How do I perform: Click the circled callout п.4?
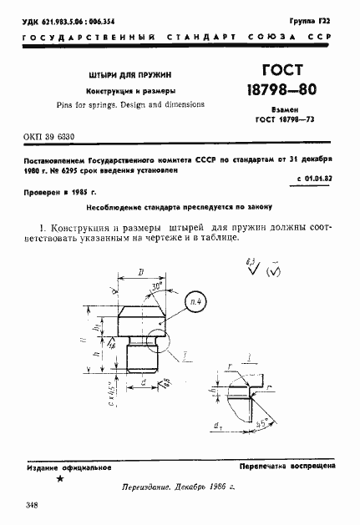pos(195,300)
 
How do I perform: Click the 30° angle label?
pos(156,285)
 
